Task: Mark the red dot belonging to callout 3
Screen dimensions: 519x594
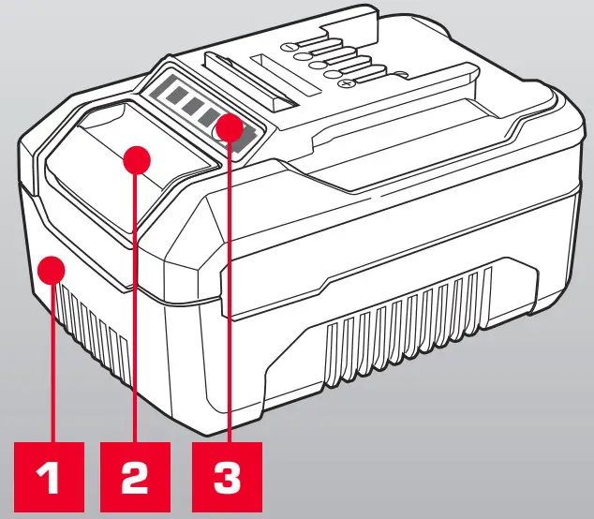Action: pos(228,126)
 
